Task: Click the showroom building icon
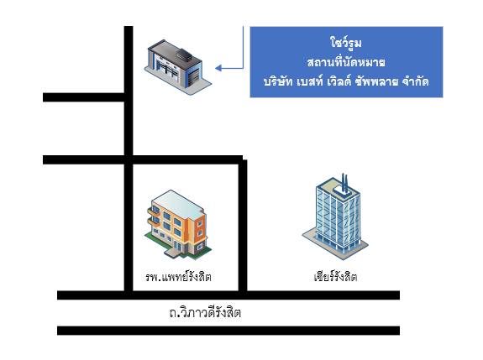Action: click(178, 67)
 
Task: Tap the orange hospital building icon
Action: click(178, 225)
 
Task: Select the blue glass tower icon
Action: click(335, 217)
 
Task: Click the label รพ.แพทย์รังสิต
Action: click(178, 277)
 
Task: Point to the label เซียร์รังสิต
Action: click(335, 277)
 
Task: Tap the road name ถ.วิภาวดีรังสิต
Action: click(205, 312)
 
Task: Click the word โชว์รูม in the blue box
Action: click(346, 43)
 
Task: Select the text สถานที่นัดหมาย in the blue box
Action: click(346, 62)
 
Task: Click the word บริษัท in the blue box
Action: click(278, 81)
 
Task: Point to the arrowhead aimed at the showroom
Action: click(218, 68)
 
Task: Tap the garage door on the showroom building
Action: click(193, 77)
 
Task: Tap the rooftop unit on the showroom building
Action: click(184, 55)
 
